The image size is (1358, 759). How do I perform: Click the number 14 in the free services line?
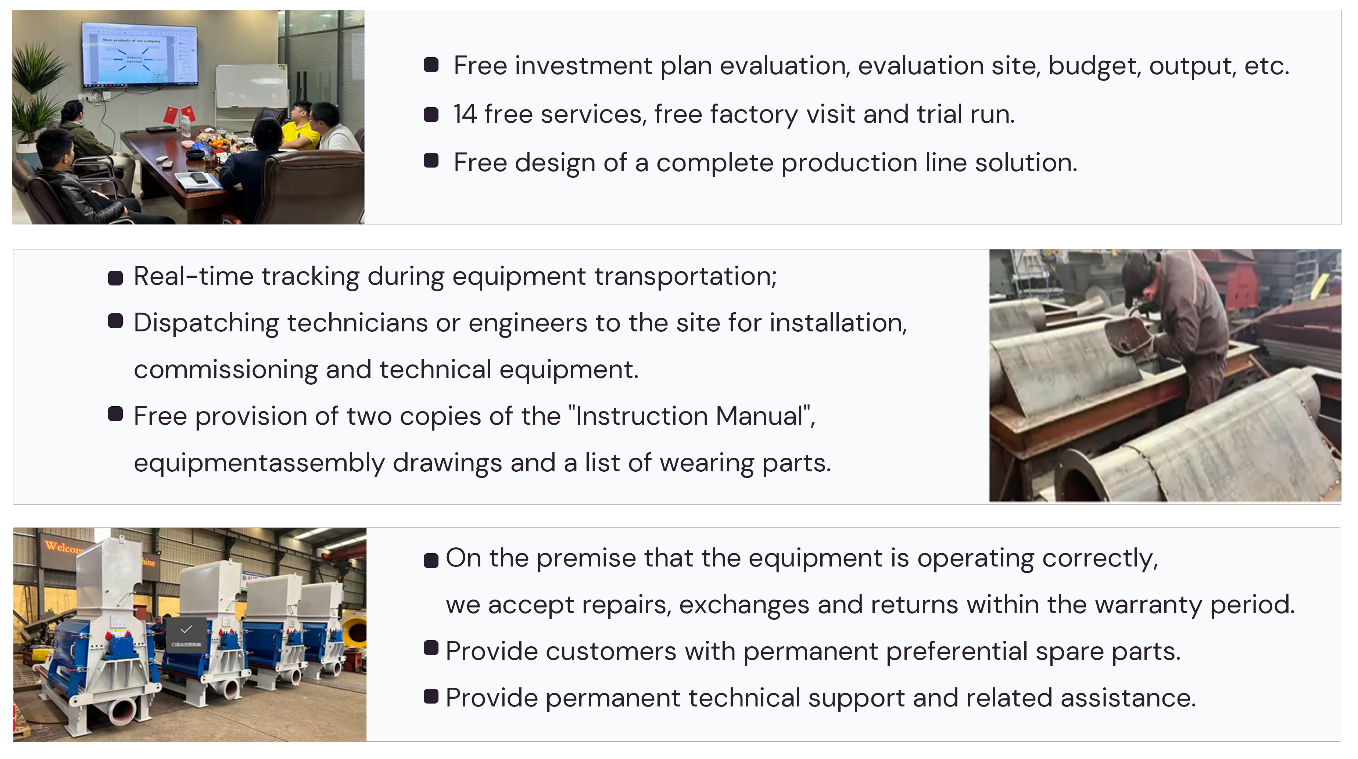click(x=465, y=114)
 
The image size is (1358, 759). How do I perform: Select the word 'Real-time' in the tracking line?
click(x=193, y=276)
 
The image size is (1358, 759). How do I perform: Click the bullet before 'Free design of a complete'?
click(x=431, y=161)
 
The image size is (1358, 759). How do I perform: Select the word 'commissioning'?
click(x=226, y=370)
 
